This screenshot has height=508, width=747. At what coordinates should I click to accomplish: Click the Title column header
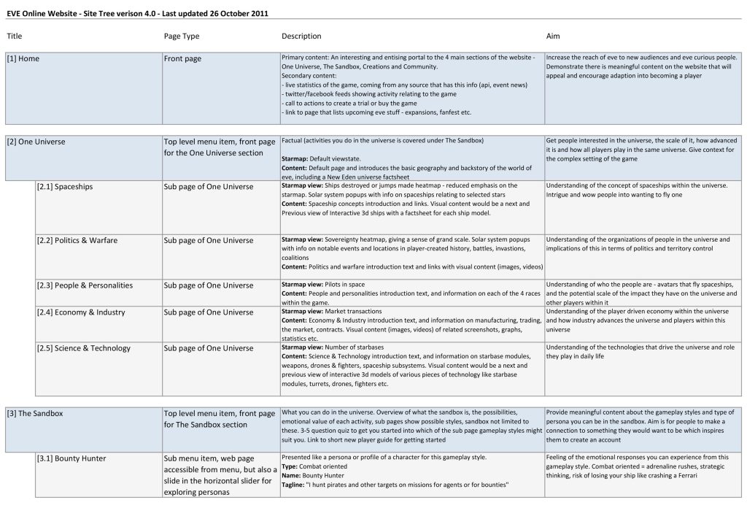15,36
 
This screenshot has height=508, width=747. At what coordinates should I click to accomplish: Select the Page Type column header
182,36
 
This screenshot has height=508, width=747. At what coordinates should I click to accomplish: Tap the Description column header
301,36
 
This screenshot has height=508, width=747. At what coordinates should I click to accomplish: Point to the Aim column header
553,36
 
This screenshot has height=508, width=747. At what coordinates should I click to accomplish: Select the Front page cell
182,58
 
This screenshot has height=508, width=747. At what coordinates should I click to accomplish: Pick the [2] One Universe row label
36,142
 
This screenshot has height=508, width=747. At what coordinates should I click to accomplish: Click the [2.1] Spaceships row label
65,186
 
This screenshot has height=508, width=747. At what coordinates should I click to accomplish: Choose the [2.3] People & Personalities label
85,285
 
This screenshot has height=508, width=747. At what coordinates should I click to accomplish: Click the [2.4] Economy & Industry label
81,312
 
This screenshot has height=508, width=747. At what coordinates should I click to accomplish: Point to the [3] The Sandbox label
35,413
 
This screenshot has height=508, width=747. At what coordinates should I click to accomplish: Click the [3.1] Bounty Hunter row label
71,458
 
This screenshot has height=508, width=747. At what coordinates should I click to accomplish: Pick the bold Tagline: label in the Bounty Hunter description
293,485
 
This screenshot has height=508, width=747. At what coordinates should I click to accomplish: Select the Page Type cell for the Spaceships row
209,186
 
